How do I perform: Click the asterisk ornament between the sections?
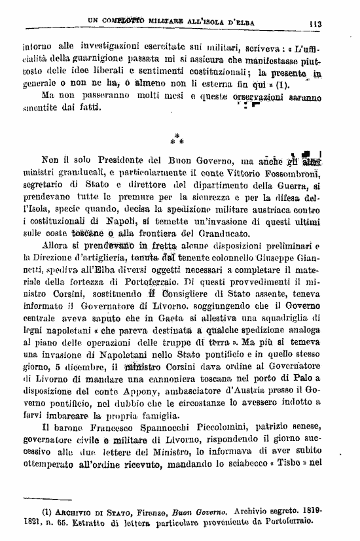coord(177,138)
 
